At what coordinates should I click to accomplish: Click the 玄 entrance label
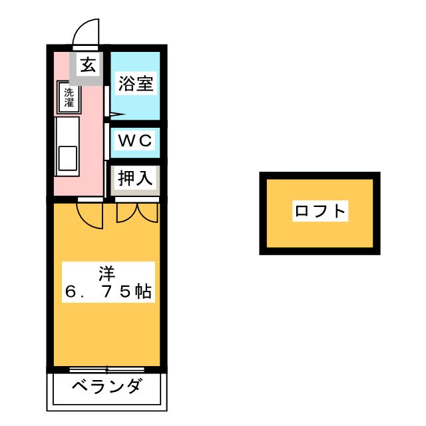(x=88, y=65)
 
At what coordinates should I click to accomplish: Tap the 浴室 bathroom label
(x=136, y=84)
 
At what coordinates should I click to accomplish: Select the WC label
(x=136, y=140)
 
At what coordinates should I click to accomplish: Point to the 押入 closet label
(x=136, y=178)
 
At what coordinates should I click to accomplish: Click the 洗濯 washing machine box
(x=69, y=97)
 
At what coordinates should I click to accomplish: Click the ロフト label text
(x=320, y=212)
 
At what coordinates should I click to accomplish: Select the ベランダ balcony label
(x=106, y=387)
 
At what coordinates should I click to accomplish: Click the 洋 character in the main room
(x=107, y=273)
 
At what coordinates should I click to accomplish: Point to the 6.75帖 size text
(x=107, y=292)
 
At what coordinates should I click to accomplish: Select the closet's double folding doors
(x=136, y=212)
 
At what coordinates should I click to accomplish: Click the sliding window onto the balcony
(x=106, y=368)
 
